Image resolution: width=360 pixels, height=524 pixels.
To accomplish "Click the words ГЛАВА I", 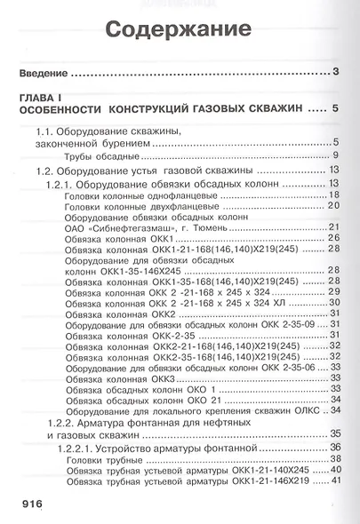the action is pos(43,97).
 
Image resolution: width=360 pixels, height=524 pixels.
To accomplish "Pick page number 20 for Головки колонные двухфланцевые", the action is pos(334,206).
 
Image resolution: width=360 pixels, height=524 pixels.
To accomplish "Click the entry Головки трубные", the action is pos(96,459).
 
